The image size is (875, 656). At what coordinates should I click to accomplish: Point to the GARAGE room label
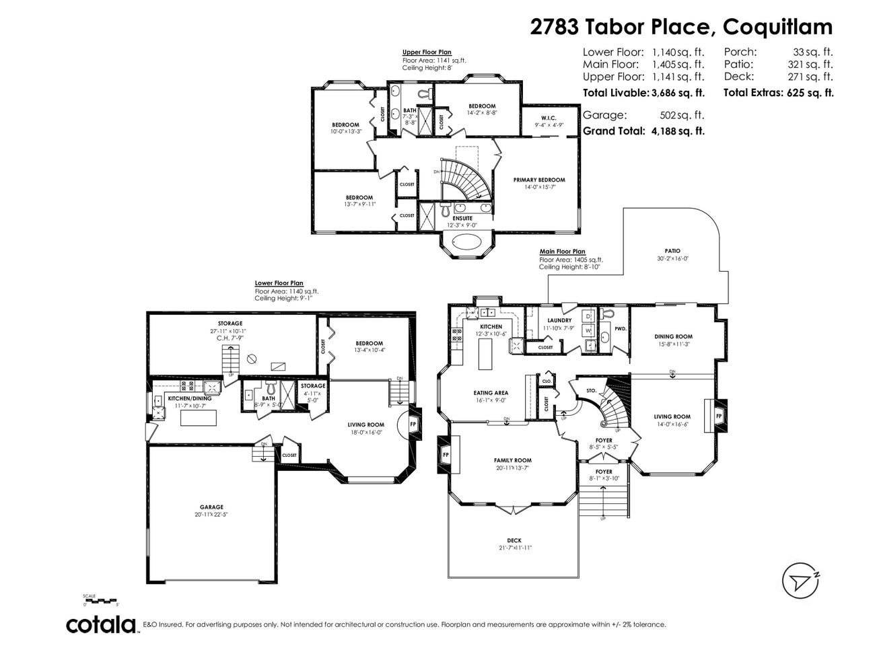[x=211, y=507]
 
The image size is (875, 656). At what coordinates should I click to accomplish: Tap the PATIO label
[x=672, y=250]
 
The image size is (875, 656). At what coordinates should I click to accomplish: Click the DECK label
[x=514, y=540]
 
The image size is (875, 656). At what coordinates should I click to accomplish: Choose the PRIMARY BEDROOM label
[x=538, y=180]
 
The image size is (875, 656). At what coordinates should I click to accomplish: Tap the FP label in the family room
[x=445, y=454]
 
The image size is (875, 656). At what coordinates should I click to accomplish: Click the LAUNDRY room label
[x=559, y=320]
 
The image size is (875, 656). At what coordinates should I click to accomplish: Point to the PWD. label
[x=620, y=328]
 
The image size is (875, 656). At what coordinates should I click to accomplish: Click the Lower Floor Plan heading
[x=279, y=283]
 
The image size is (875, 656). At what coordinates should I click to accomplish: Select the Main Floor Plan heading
[x=562, y=252]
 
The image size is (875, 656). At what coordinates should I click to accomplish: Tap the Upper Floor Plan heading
[x=426, y=52]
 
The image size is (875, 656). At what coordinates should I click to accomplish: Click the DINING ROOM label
[x=673, y=336]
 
